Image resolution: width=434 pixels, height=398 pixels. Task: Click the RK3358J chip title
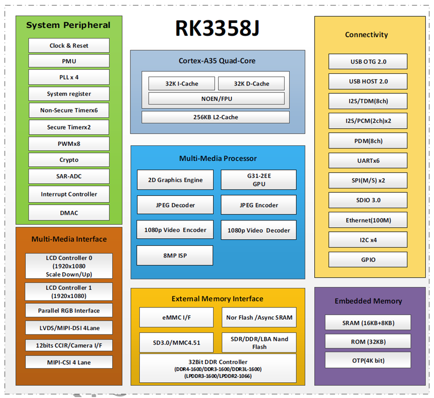click(217, 29)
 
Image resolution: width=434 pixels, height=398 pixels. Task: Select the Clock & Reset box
click(69, 46)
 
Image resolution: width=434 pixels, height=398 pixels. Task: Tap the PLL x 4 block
click(69, 77)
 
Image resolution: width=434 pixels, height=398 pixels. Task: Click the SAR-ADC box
click(69, 176)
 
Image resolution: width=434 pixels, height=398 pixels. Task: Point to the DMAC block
click(69, 213)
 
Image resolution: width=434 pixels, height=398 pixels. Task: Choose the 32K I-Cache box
click(181, 84)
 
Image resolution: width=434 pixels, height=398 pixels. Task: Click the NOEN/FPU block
click(216, 98)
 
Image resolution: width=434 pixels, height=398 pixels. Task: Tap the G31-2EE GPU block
click(259, 180)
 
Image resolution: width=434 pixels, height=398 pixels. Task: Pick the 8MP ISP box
click(175, 255)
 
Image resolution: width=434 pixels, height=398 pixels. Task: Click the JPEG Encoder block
click(259, 205)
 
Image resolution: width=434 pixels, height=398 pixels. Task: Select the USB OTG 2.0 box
click(368, 61)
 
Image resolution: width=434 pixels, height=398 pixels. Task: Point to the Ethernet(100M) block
click(368, 220)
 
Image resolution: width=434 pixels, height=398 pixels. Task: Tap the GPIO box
click(368, 260)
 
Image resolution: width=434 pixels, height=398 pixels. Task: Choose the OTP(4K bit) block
click(368, 360)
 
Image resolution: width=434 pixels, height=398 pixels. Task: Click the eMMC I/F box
click(176, 317)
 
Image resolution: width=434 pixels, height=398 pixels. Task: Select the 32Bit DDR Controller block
click(218, 368)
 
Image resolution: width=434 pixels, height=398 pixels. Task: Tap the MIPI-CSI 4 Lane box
click(69, 362)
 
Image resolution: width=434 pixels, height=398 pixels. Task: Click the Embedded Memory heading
click(368, 301)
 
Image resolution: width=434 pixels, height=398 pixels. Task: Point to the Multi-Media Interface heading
click(69, 239)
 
